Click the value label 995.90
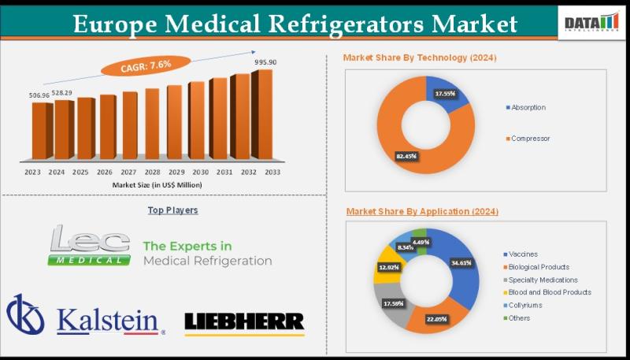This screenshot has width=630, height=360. click(x=267, y=62)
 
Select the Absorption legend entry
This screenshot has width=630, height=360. click(x=528, y=107)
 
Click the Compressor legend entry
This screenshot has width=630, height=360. click(x=530, y=139)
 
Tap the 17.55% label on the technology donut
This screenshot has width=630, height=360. click(x=447, y=94)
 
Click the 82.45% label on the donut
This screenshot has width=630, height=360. click(x=406, y=156)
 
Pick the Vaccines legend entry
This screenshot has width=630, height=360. click(x=524, y=254)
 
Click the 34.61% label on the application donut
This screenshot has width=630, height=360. click(x=461, y=262)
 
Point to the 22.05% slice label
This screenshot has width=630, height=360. click(x=436, y=318)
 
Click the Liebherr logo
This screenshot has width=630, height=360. click(x=243, y=321)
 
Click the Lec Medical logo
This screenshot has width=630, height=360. click(x=88, y=245)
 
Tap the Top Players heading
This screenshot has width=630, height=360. click(x=172, y=210)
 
